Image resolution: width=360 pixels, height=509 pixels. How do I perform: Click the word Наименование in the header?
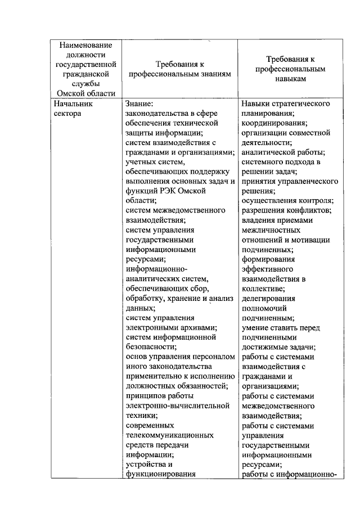coord(85,45)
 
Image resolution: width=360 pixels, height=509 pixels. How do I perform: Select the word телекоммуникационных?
coord(169,435)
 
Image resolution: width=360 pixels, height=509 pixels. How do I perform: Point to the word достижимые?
coord(269,347)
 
